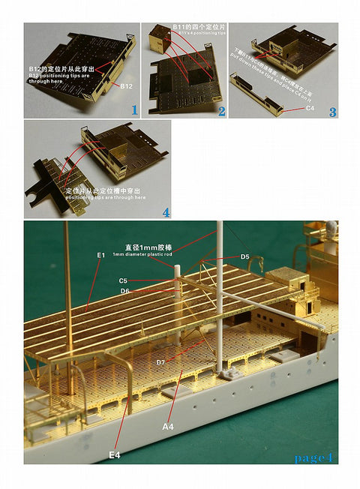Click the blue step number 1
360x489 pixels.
[134, 109]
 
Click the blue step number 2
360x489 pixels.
[221, 111]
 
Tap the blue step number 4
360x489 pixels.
[166, 211]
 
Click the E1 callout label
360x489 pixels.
[101, 255]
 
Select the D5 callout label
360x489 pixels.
[244, 256]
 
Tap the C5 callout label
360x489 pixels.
[122, 280]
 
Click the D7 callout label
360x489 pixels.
[160, 362]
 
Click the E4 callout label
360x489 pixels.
[114, 454]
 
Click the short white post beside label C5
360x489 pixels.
[178, 276]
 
